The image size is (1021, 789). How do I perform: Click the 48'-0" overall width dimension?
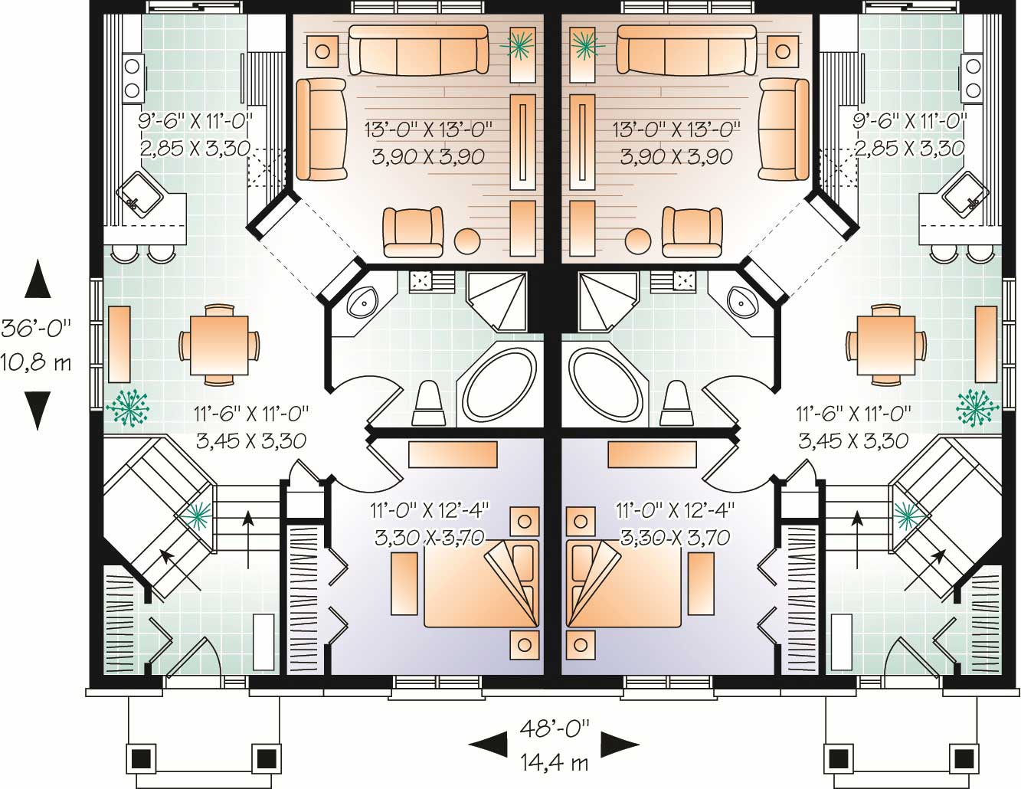tap(553, 728)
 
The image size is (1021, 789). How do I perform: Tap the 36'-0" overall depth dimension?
tap(36, 329)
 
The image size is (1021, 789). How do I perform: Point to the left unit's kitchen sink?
tap(139, 196)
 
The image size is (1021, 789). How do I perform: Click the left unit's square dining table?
tap(219, 345)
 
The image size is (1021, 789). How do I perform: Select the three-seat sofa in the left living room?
tap(418, 51)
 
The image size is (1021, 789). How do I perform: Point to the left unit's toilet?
tap(427, 404)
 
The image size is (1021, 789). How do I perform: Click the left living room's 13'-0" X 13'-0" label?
tap(429, 129)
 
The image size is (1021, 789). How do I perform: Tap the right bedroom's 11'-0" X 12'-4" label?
tap(673, 509)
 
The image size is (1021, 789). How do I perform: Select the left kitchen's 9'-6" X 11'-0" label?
tap(195, 120)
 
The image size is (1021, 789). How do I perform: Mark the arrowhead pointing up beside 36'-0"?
tap(37, 279)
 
